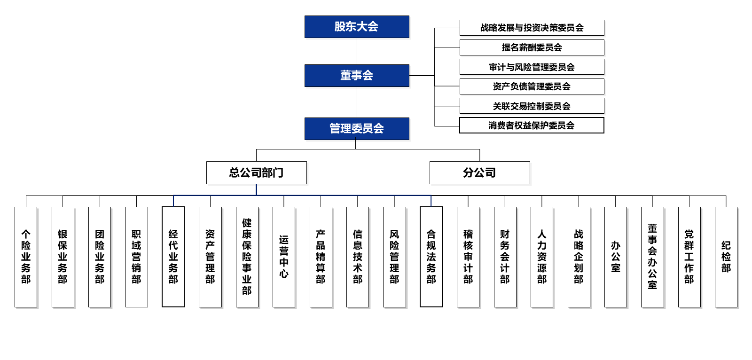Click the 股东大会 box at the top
[x=357, y=27]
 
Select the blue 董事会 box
[x=357, y=76]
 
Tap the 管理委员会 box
[x=357, y=129]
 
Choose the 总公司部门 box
[x=256, y=173]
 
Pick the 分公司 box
[x=479, y=173]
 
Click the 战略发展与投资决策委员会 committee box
[x=532, y=28]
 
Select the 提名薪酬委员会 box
[x=532, y=47]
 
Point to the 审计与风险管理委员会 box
[x=532, y=67]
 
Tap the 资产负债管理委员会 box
[x=532, y=86]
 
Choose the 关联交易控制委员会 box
[x=532, y=106]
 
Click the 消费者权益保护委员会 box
[x=532, y=125]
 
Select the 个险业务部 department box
[x=26, y=257]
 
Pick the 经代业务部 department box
[x=173, y=257]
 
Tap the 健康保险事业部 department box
[x=247, y=257]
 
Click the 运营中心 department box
[x=284, y=257]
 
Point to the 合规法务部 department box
[x=431, y=257]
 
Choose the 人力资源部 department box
[x=541, y=257]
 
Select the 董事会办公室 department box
[x=652, y=257]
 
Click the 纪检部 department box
[x=726, y=257]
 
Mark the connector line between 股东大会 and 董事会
[x=357, y=51]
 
